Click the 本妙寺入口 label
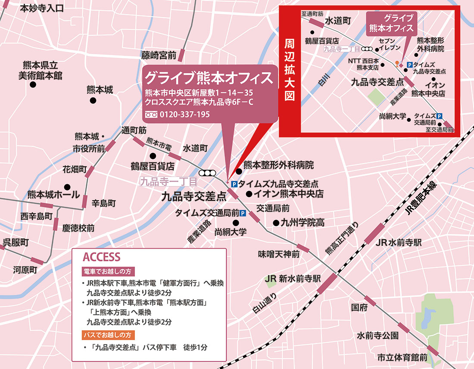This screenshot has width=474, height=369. pos(42,8)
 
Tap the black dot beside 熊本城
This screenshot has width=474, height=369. pos(93,100)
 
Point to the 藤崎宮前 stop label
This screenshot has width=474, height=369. pos(159,55)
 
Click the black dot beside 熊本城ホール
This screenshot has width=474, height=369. pos(67,187)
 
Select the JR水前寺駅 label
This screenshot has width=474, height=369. pos(398,242)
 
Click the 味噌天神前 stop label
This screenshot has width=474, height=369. pos(279,254)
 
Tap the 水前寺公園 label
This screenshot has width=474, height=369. pos(377,335)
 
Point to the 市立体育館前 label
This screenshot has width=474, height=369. pos(402,357)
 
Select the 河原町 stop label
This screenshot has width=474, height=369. pos(25,270)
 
